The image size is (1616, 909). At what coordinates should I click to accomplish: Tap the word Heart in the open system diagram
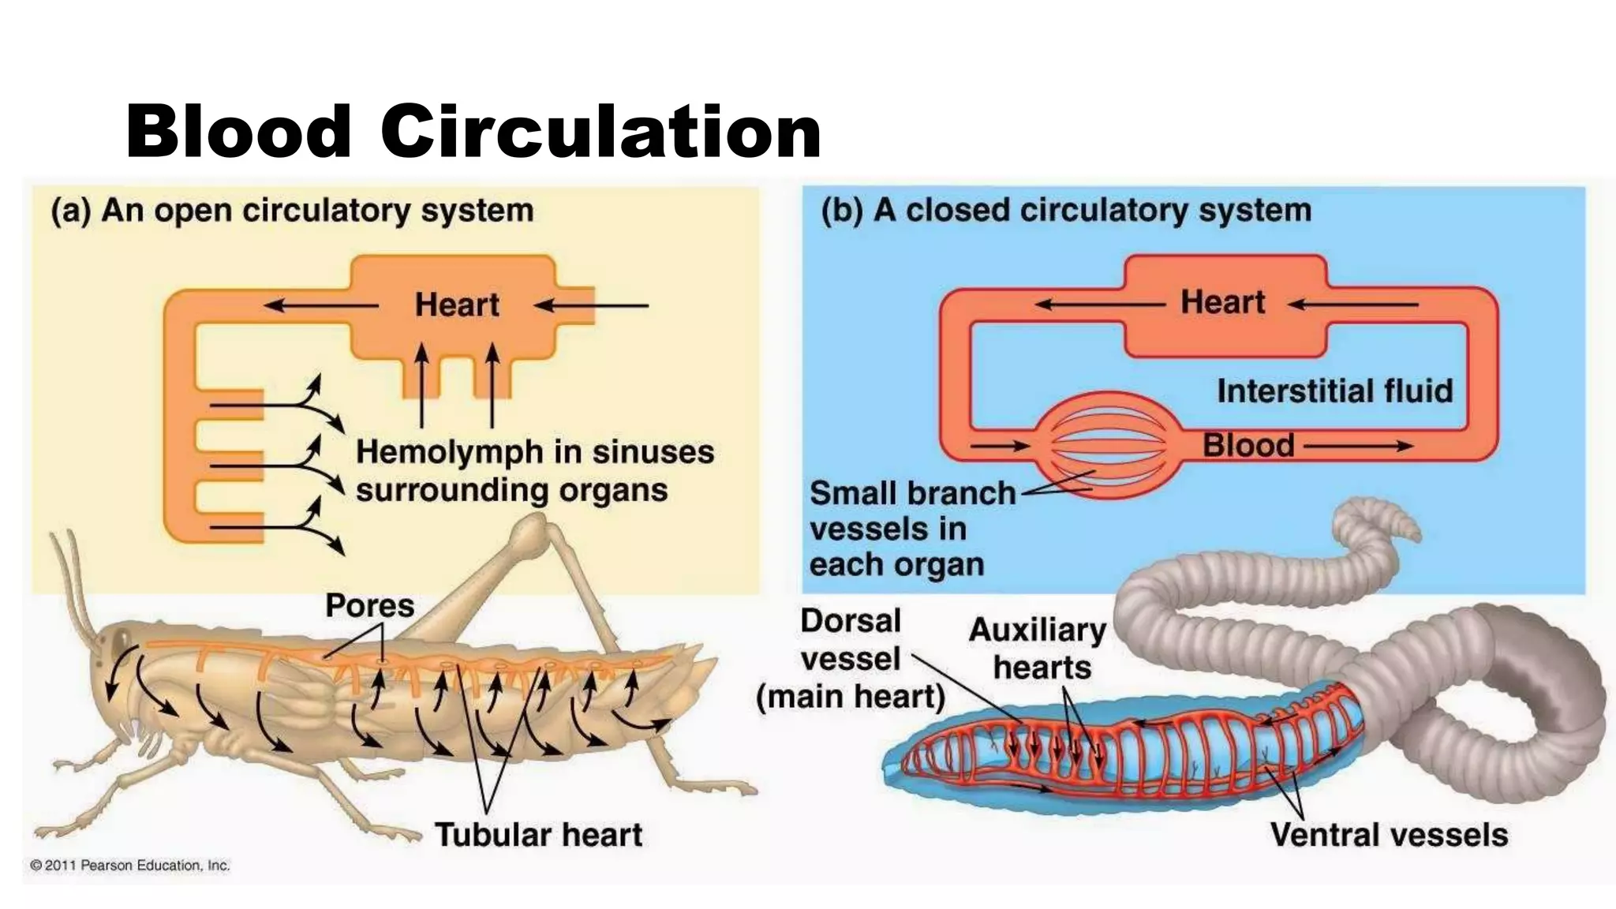coord(457,305)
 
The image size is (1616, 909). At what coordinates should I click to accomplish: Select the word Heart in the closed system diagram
coord(1222,301)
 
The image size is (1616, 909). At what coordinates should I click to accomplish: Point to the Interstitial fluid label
coord(1334,391)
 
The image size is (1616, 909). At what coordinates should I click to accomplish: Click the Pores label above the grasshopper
coord(369,605)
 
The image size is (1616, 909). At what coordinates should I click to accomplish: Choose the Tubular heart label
coord(539,834)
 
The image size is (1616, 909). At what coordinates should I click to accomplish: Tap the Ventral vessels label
coord(1389,834)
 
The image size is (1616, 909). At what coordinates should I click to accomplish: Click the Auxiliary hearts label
coord(1038,649)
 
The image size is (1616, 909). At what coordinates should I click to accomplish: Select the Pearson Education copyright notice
coord(130,866)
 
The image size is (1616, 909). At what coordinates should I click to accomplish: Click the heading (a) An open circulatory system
coord(292,211)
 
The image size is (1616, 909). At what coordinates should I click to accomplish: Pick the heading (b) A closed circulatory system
coord(1066,211)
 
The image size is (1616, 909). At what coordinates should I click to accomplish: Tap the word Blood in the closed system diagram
coord(1248,446)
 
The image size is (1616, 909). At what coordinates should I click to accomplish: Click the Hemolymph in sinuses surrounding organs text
coord(534,471)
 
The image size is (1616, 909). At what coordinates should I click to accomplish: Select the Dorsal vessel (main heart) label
coord(851,659)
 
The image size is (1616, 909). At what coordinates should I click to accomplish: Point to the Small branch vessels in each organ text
coord(911,529)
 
